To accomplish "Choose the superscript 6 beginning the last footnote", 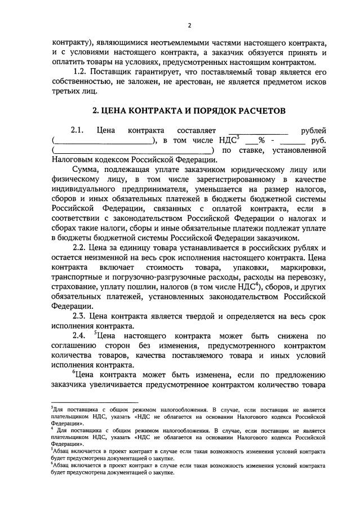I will tap(52, 463).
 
